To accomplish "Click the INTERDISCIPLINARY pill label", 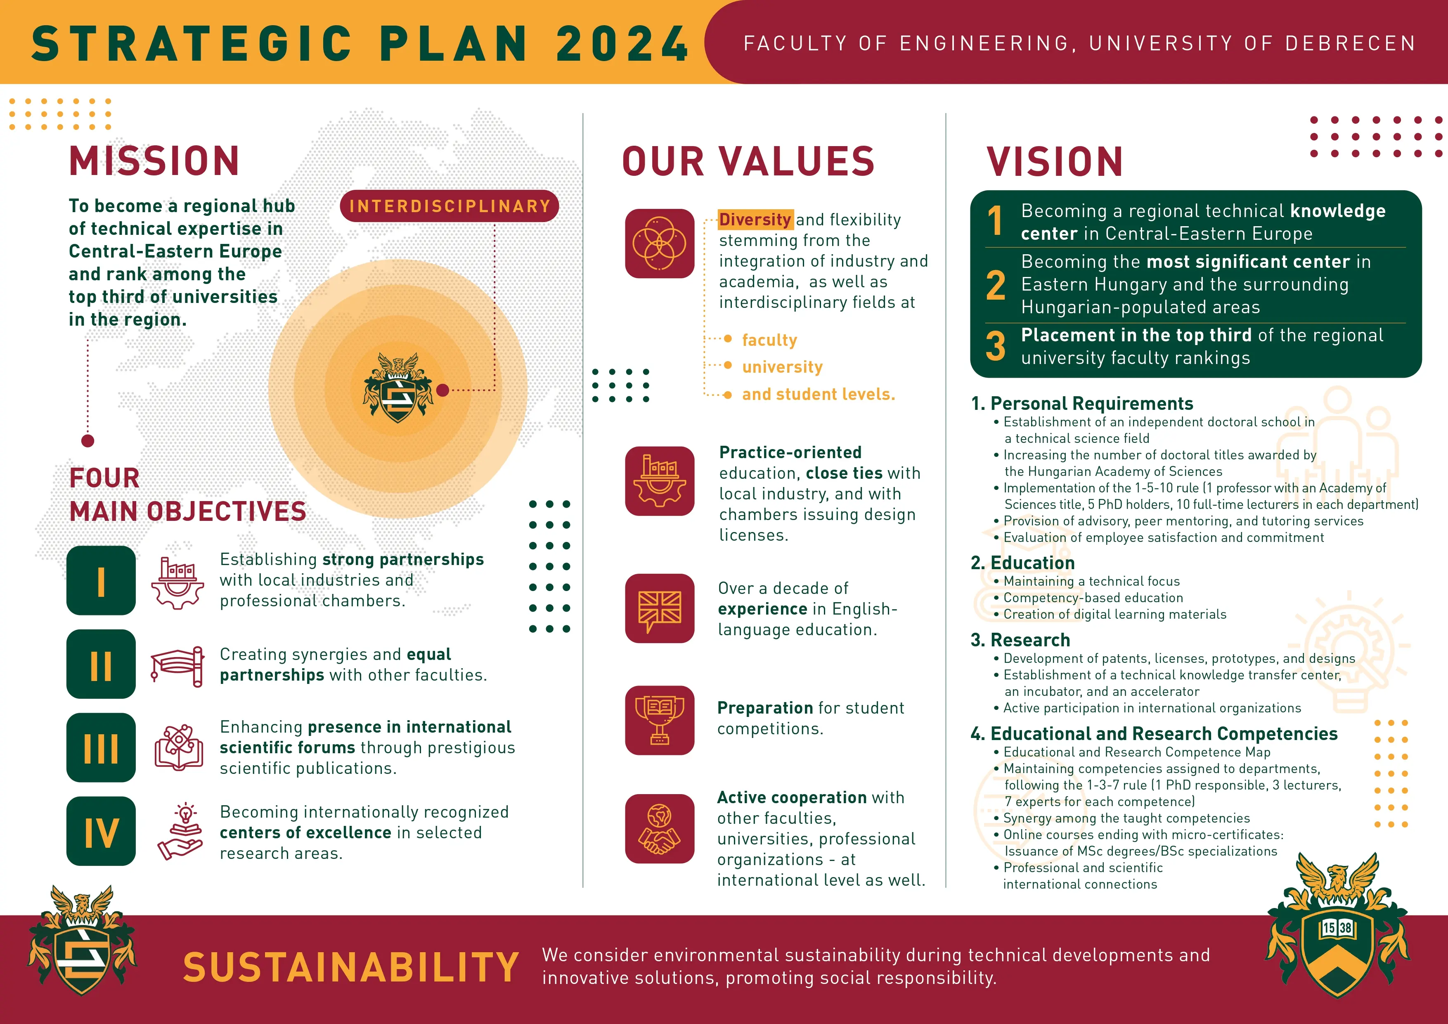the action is coord(449,206).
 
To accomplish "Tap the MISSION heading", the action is coord(154,161).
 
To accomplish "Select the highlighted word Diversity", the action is coord(755,220).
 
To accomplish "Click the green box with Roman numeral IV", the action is coord(101,831).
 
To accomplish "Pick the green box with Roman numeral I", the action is coord(101,581).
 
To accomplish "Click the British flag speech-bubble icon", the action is coord(660,608).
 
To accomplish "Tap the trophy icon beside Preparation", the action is coord(660,720).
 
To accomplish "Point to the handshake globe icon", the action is coord(660,828).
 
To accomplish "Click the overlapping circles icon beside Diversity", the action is coord(660,244).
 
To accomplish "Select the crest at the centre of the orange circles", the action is coord(397,388).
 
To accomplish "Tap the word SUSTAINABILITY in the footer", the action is coord(351,968).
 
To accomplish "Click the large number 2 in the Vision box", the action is coord(996,285).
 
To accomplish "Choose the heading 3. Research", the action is coord(1020,640).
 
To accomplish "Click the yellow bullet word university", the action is coord(782,367).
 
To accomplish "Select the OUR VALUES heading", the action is coord(749,161).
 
